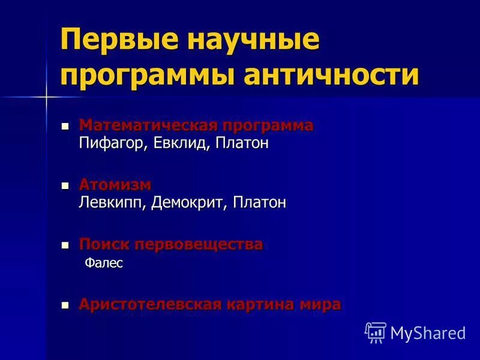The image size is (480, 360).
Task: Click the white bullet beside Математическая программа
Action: pyautogui.click(x=66, y=126)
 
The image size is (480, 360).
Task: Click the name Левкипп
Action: pyautogui.click(x=112, y=203)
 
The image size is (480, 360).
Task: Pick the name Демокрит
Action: pyautogui.click(x=190, y=203)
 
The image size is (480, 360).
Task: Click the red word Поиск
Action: pyautogui.click(x=104, y=244)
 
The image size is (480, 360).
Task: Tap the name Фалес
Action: pyautogui.click(x=104, y=263)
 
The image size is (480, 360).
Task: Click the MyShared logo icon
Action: pyautogui.click(x=375, y=332)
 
